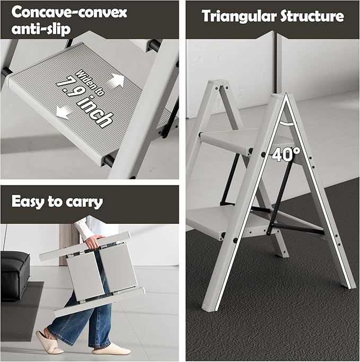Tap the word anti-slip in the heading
tap(39, 28)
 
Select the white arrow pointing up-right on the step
tap(117, 81)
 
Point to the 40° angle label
tap(286, 154)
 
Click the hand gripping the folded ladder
tap(93, 243)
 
